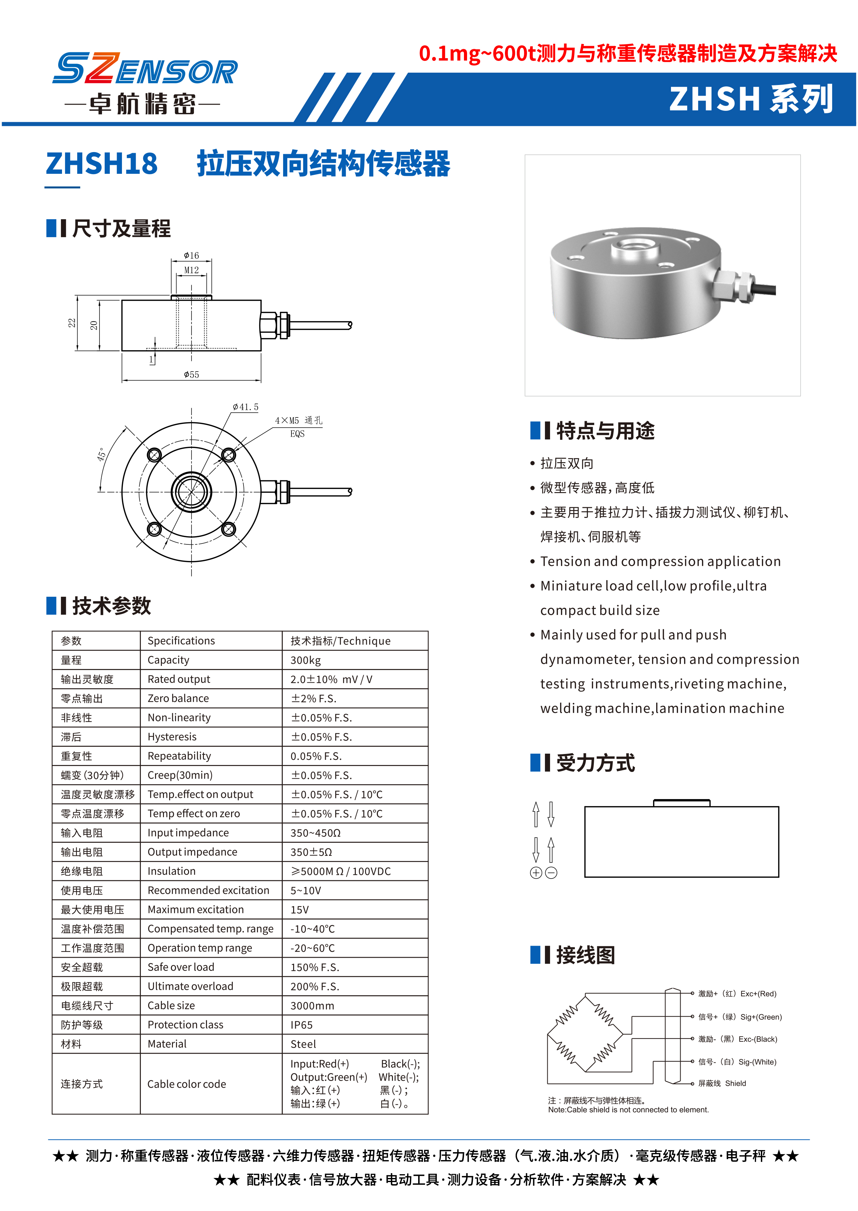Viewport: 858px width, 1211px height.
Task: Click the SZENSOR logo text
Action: [x=145, y=68]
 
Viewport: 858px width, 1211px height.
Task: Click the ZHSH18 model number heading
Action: [x=102, y=164]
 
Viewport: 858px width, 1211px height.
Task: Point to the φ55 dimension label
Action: [x=191, y=375]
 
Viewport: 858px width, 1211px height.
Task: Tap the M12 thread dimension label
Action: [x=191, y=270]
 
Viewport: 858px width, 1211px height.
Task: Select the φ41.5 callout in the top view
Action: [x=246, y=407]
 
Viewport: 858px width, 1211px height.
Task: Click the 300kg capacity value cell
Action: [x=306, y=660]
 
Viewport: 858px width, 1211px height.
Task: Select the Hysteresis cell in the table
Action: [x=172, y=737]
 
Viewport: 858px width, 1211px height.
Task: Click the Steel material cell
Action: [x=303, y=1044]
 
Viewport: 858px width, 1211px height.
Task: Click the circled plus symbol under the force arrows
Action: [x=536, y=873]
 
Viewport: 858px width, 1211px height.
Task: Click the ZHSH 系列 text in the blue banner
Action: [x=750, y=99]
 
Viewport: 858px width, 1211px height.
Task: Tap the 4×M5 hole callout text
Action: [x=298, y=421]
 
